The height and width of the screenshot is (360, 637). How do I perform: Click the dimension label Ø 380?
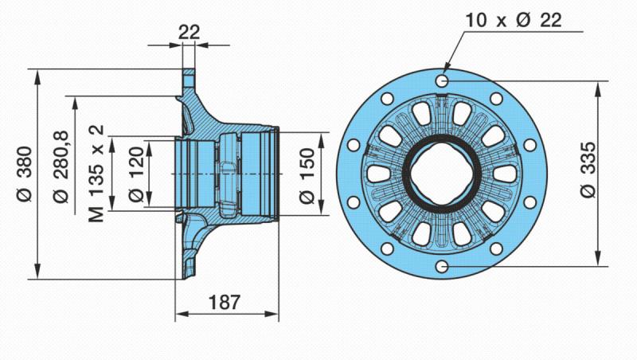tap(25, 174)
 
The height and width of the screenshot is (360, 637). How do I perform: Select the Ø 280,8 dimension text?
tap(61, 167)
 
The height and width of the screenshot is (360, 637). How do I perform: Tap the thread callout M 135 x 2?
tap(96, 174)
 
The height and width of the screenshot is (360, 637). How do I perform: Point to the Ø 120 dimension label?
tap(136, 174)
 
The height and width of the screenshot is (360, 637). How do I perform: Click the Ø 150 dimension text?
tap(307, 175)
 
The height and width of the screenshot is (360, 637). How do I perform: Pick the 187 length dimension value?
tap(225, 303)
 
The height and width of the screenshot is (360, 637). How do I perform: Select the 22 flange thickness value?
tap(190, 32)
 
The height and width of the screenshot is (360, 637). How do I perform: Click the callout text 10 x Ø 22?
tap(514, 20)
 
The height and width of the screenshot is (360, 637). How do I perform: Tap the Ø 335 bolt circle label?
tap(588, 170)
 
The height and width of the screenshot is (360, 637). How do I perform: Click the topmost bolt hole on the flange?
tap(442, 81)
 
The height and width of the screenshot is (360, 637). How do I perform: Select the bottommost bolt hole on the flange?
tap(442, 267)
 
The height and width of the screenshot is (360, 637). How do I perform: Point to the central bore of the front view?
tap(442, 174)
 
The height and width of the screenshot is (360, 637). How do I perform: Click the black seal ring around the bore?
tap(406, 174)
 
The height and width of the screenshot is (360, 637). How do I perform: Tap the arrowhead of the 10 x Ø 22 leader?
tap(447, 66)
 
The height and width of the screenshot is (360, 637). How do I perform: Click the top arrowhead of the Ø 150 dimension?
tap(322, 140)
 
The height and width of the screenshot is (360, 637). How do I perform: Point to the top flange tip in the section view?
tap(189, 70)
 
